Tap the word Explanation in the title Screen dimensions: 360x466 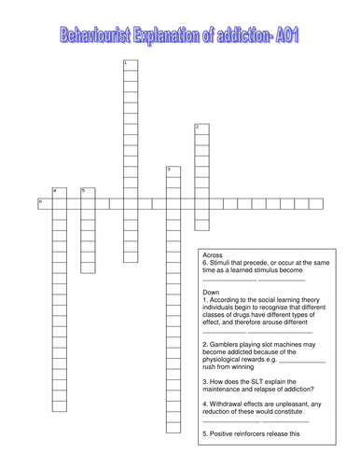[169, 35]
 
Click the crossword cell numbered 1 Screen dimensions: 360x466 [131, 65]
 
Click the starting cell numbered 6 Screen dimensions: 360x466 [44, 203]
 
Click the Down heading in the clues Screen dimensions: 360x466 [212, 292]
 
